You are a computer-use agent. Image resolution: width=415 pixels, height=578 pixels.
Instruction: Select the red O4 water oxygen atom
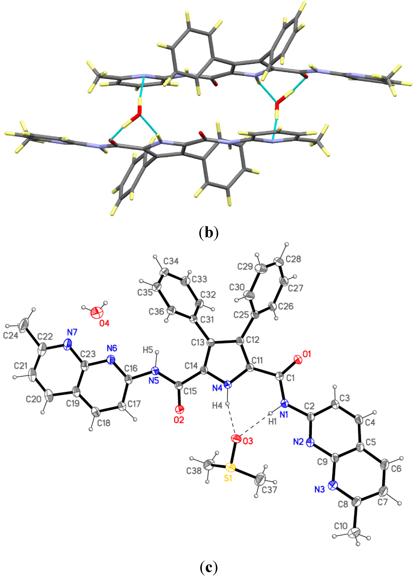click(x=97, y=312)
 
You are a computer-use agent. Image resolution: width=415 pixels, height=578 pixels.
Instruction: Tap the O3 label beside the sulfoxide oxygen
click(x=248, y=441)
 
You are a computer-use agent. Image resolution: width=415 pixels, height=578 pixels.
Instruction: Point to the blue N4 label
click(x=217, y=388)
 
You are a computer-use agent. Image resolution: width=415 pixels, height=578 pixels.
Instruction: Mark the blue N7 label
click(x=72, y=332)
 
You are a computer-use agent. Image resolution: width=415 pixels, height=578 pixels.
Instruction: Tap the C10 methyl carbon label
click(x=341, y=526)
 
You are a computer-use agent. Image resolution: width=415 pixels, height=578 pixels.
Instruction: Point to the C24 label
click(x=10, y=336)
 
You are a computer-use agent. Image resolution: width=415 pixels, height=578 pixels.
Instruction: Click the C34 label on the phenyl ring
click(x=171, y=261)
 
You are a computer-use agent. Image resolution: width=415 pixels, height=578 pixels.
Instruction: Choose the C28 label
click(x=293, y=259)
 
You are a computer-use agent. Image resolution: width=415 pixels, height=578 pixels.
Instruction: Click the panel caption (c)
click(x=209, y=567)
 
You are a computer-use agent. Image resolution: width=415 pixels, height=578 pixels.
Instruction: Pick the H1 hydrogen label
click(x=272, y=422)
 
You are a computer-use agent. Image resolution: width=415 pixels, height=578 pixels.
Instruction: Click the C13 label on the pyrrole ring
click(x=198, y=342)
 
